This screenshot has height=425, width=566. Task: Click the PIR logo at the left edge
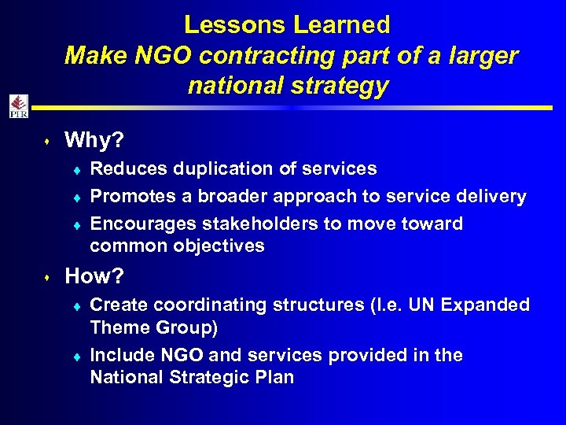click(18, 106)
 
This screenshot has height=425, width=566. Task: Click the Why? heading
click(94, 140)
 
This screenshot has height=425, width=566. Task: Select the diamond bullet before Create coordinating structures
click(79, 305)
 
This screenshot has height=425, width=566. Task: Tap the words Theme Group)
click(154, 327)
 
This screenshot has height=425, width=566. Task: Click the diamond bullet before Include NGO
click(79, 356)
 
